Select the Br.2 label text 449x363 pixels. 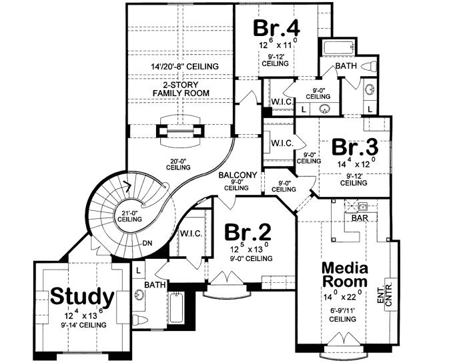click(x=248, y=232)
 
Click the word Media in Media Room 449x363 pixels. click(x=346, y=268)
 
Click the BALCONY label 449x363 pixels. click(x=233, y=176)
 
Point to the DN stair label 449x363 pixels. click(x=146, y=243)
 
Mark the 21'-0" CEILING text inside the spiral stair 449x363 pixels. click(x=128, y=216)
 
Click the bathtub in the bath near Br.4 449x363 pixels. click(x=341, y=48)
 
